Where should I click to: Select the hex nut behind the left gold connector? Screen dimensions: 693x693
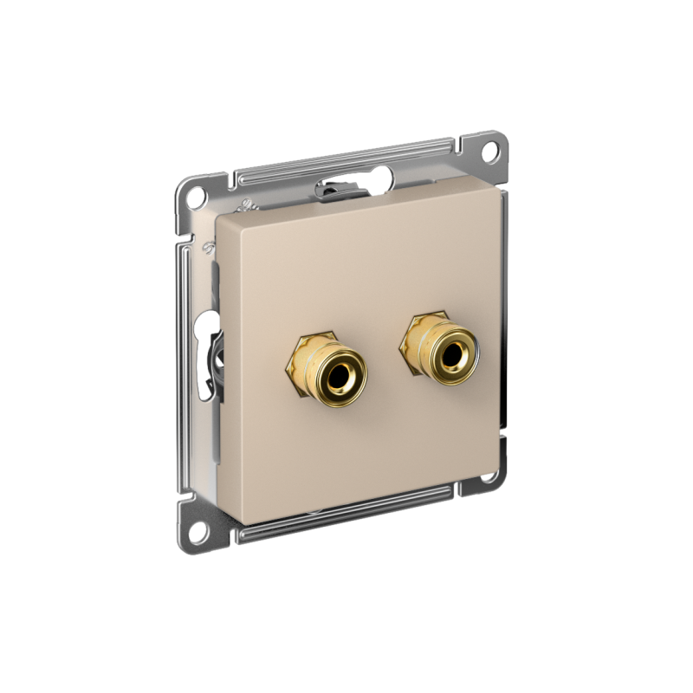click(x=298, y=364)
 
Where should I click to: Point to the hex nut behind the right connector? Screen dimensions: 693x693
click(x=410, y=345)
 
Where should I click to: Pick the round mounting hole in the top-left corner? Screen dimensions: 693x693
click(x=195, y=192)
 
